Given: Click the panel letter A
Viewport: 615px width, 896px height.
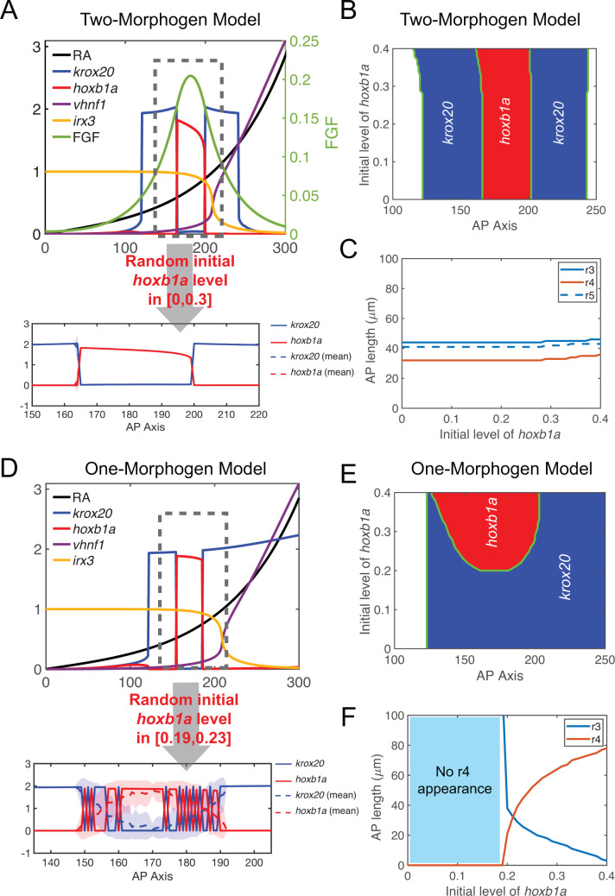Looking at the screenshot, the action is coord(10,11).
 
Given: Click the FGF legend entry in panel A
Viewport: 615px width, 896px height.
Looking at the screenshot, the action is coord(77,137).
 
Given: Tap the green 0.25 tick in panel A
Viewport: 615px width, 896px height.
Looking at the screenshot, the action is coord(303,41).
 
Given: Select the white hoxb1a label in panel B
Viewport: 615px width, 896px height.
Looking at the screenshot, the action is coord(504,120).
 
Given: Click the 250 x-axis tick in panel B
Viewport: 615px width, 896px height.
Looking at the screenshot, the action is coord(596,211).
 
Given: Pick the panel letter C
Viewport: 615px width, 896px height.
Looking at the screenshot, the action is coord(348,249).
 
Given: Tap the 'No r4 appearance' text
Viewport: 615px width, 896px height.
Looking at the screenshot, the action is coord(454,780).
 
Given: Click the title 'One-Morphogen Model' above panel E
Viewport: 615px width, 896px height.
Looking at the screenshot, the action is coord(501,469).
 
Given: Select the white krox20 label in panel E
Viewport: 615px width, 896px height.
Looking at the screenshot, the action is coord(565,577).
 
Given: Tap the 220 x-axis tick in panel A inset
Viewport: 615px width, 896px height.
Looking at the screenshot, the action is coord(258,414).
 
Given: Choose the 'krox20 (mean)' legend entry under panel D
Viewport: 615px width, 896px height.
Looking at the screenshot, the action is coord(315,795).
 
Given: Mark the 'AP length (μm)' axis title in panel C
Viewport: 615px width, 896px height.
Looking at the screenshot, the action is coord(372,340).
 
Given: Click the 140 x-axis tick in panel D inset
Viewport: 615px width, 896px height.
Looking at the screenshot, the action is coord(51,862).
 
